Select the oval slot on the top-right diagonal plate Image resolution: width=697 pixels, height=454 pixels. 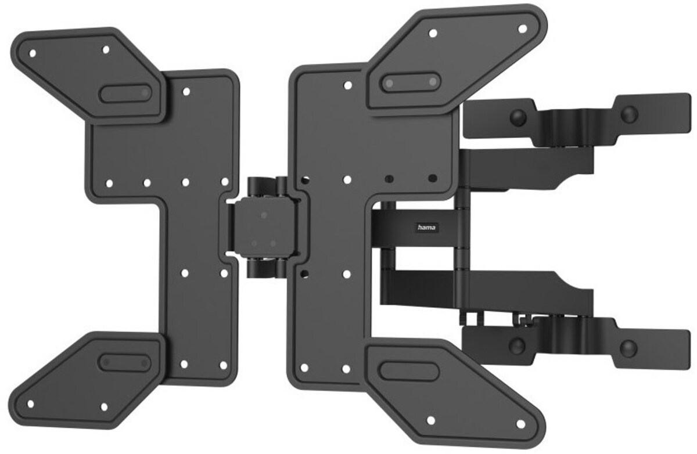(409, 82)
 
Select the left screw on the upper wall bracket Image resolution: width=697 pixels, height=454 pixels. (516, 118)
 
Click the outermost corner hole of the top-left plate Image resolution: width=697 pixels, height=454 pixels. (33, 53)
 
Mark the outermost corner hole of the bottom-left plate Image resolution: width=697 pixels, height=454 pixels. (32, 402)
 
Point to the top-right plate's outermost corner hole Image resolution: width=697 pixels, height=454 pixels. (522, 27)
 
